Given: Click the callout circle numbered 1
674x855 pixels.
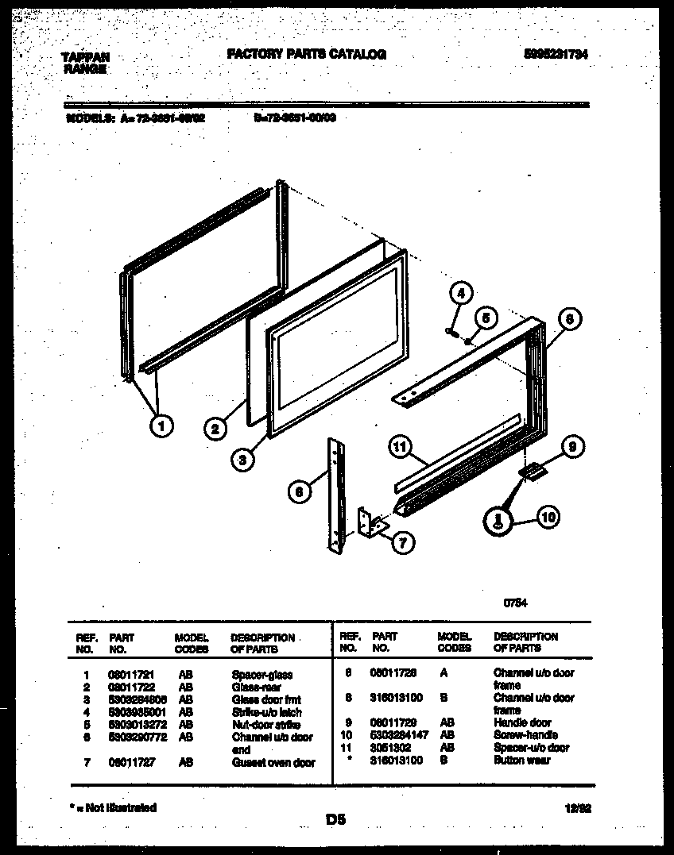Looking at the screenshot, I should (x=162, y=426).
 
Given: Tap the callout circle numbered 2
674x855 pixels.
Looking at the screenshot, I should (x=215, y=430).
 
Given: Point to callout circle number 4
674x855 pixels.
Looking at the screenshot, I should (x=459, y=293).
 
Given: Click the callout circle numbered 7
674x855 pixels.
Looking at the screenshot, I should (x=403, y=544).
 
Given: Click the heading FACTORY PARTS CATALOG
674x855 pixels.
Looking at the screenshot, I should (x=307, y=55).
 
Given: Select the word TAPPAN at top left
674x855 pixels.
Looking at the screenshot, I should (x=85, y=57).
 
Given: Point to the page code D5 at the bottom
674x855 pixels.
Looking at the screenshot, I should (x=335, y=819).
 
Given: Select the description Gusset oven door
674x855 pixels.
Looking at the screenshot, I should (x=273, y=763).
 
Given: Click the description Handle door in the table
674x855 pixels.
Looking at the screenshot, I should (x=521, y=723).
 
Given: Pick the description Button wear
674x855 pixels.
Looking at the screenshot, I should (x=521, y=761).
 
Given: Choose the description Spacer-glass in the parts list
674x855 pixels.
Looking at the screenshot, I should (x=261, y=675).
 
